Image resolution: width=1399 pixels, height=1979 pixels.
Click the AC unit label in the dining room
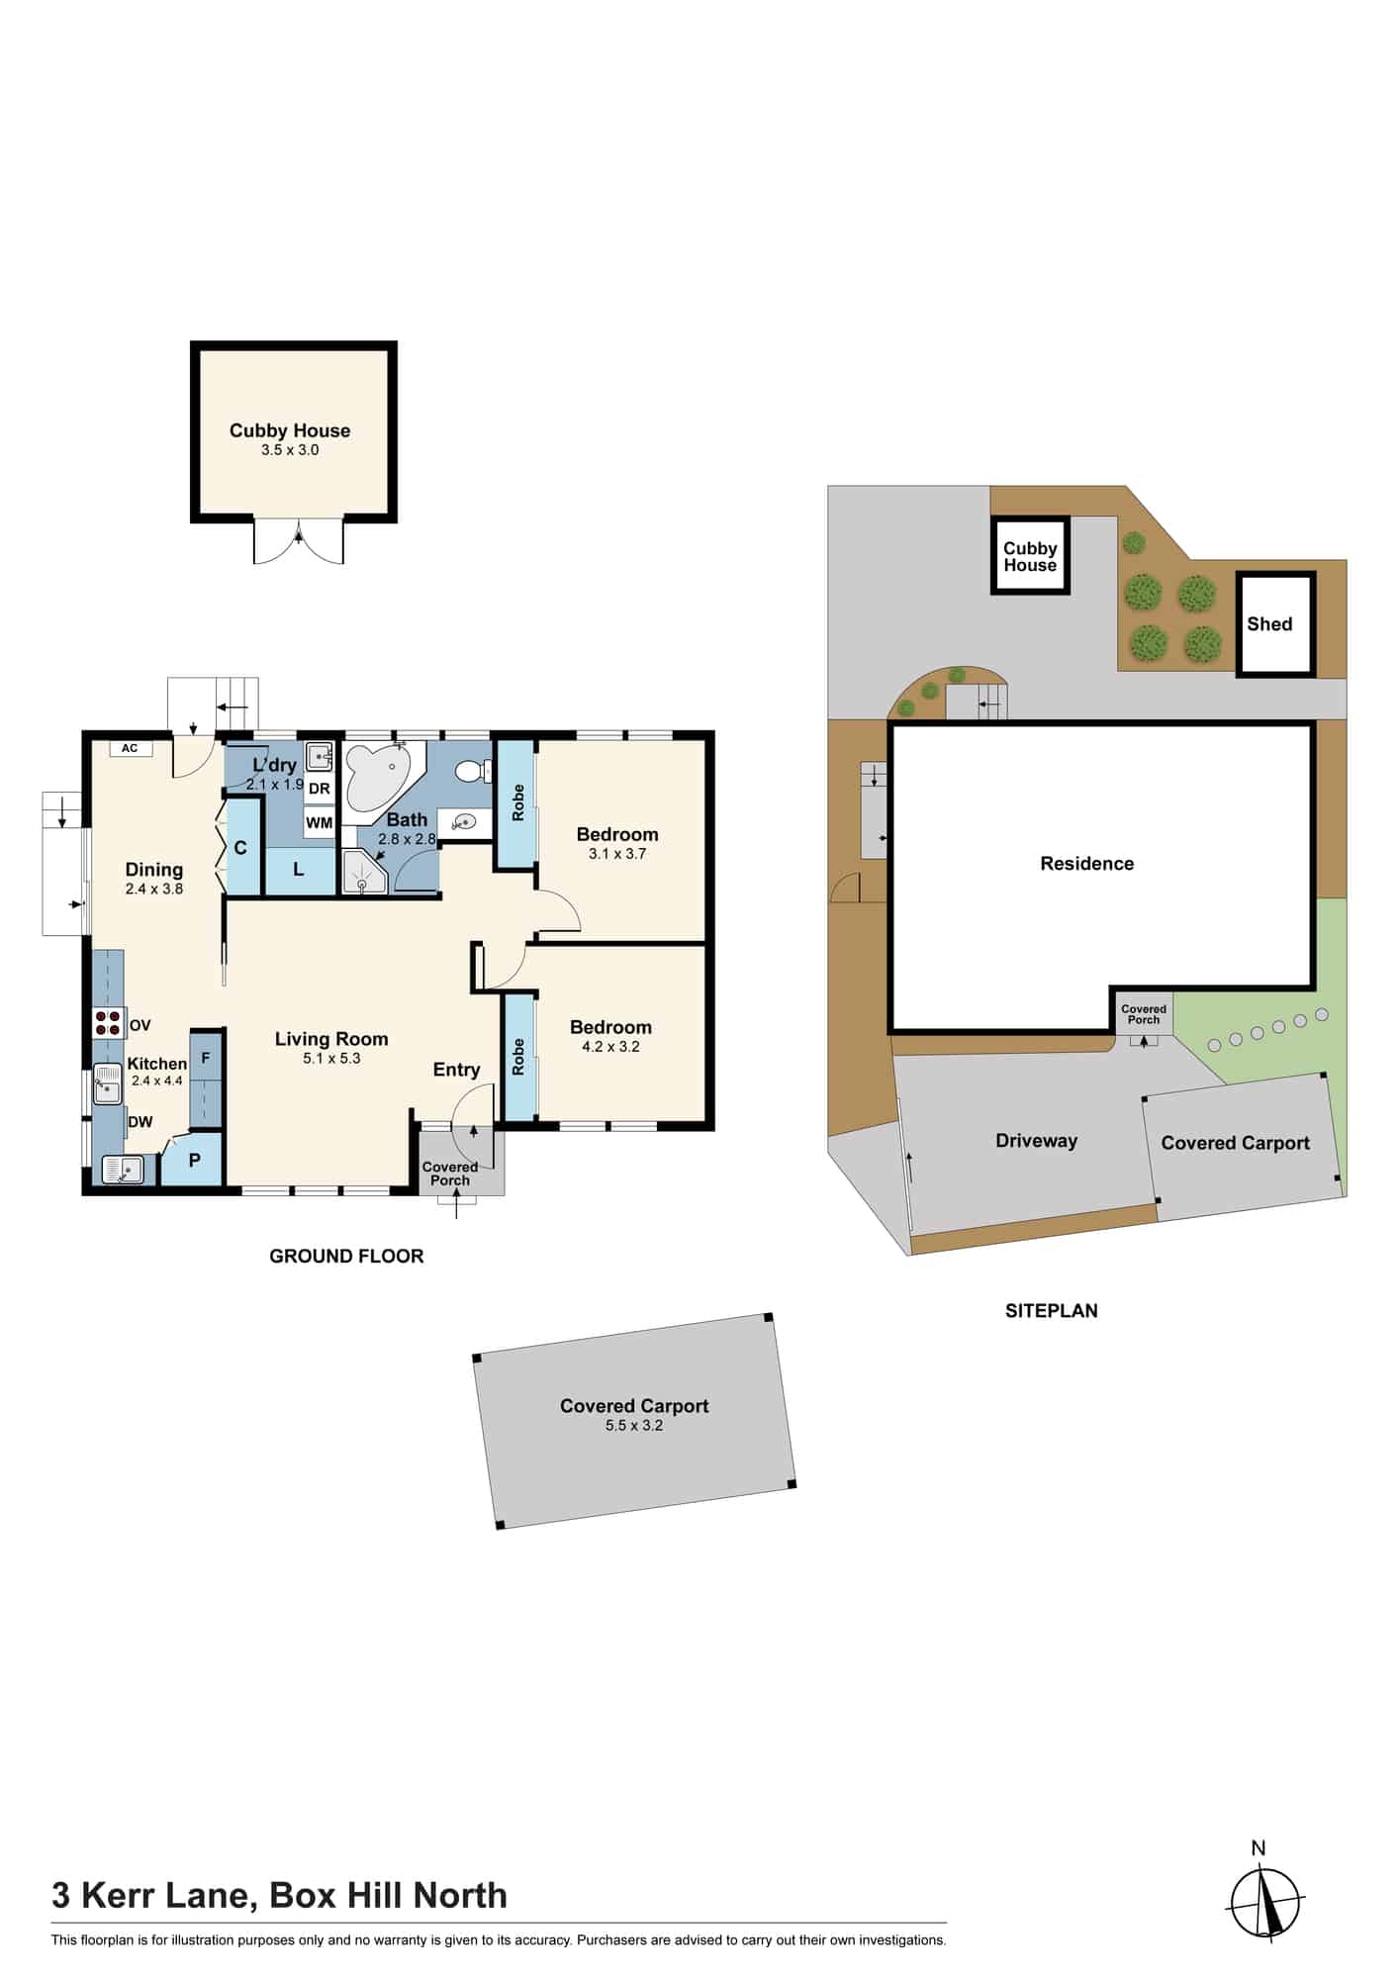click(130, 748)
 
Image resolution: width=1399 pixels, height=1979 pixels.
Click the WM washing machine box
click(319, 822)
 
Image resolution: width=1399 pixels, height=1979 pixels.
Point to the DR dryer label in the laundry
click(319, 789)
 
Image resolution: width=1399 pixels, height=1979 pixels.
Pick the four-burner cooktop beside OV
click(108, 1022)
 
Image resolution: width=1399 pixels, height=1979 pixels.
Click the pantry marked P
click(193, 1160)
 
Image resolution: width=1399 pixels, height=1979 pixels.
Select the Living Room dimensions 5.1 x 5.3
click(331, 1058)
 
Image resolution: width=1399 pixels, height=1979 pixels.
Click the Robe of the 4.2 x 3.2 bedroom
click(518, 1057)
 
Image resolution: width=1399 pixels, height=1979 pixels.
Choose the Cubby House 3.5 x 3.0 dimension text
click(290, 449)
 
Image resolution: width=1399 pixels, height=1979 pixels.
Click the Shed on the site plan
click(1275, 623)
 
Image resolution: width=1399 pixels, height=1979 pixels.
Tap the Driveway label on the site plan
click(1036, 1140)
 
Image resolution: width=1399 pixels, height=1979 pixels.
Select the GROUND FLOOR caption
click(346, 1256)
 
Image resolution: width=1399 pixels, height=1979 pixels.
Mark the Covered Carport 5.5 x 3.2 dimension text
click(634, 1425)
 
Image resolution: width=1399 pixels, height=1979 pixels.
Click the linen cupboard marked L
click(298, 870)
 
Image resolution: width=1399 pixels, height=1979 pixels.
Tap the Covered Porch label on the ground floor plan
click(450, 1174)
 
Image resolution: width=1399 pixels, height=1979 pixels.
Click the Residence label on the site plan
click(1086, 863)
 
